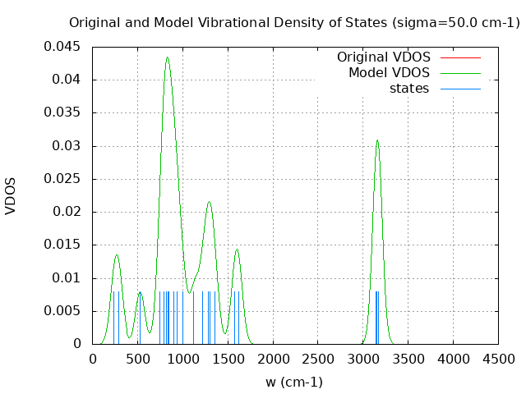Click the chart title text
[x=294, y=22]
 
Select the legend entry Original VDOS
[x=383, y=57]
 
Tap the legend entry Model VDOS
[x=389, y=73]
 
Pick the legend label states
[x=409, y=89]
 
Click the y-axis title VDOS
[x=11, y=195]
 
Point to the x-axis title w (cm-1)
[x=293, y=382]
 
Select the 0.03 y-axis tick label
[x=66, y=146]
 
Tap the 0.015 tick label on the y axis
[x=62, y=245]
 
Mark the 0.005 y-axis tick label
[x=62, y=311]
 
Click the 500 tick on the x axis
[x=137, y=359]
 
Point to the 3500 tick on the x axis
[x=408, y=359]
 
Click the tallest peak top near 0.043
[x=167, y=57]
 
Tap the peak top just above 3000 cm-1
[x=377, y=140]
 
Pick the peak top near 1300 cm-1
[x=209, y=202]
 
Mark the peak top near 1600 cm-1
[x=237, y=250]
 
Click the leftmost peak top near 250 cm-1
[x=116, y=254]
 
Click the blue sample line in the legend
[x=460, y=89]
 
